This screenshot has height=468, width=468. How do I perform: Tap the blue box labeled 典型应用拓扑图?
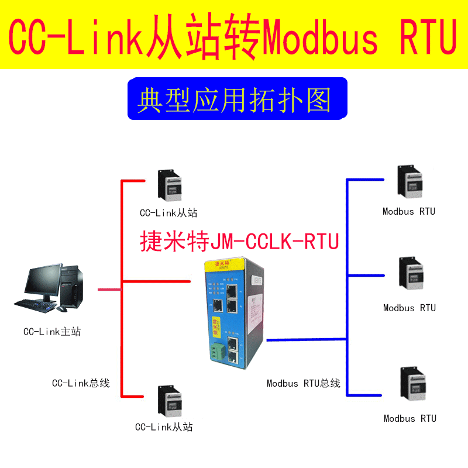tap(234, 100)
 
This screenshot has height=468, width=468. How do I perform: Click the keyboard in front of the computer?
tap(35, 304)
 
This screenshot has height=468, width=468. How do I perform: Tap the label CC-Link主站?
tap(52, 332)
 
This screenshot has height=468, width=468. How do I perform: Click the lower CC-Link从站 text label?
tap(164, 427)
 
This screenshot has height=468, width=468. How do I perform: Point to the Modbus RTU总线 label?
tap(303, 384)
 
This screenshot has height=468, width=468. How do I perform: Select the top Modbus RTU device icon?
tap(410, 182)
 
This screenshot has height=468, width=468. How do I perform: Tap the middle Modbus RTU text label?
tap(409, 308)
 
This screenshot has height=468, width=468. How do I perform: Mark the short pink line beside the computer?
tap(109, 289)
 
